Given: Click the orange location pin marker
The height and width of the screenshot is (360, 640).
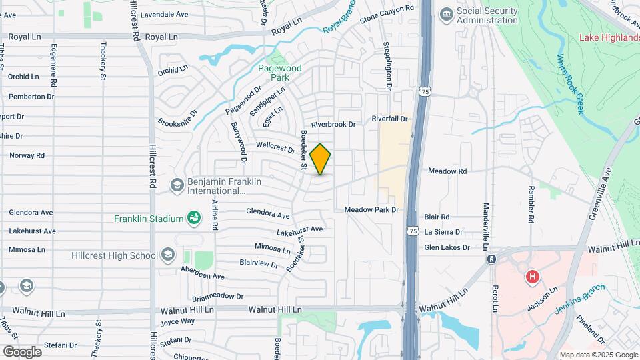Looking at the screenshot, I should (320, 159).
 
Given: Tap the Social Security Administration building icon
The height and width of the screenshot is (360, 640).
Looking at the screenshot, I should (446, 13).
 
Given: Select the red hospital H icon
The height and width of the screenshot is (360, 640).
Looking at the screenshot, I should (532, 276).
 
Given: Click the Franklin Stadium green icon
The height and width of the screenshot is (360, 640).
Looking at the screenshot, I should (193, 218).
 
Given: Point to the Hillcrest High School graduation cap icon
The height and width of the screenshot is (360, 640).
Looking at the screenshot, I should (167, 255).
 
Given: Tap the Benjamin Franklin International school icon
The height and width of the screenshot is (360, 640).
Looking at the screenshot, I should (177, 185).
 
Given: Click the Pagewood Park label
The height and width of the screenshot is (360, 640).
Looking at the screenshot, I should (280, 73).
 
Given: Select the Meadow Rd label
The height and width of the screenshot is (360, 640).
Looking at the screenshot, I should (447, 171).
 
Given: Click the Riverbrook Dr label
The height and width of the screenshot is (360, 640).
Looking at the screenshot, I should (334, 125).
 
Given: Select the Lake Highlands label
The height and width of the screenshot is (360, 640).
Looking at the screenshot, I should (609, 37).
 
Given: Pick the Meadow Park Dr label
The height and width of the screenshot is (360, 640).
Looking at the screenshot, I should (371, 210).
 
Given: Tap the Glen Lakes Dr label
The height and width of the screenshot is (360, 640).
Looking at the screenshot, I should (447, 247).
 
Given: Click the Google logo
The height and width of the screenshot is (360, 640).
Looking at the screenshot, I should (22, 351).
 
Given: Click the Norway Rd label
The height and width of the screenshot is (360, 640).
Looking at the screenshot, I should (27, 155).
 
